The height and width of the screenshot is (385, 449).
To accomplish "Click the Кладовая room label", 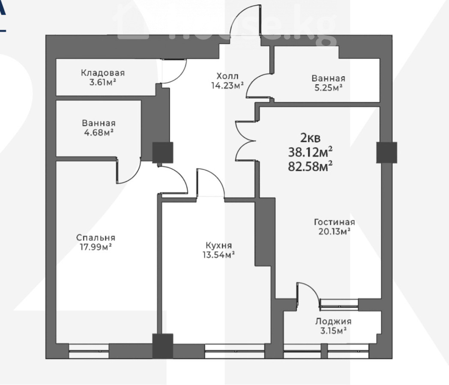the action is (x=103, y=73).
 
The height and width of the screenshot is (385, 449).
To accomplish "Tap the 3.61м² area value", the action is (x=103, y=83).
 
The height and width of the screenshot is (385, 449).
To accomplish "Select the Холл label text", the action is (x=227, y=76).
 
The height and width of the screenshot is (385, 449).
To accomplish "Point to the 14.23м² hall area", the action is (x=227, y=86).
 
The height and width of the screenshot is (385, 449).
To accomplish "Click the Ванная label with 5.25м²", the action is (x=329, y=78).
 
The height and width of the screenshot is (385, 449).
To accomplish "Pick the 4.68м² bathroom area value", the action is (x=99, y=133).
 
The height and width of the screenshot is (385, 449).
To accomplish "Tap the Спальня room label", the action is (x=96, y=237).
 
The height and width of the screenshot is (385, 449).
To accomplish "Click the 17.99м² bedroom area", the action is (x=96, y=247).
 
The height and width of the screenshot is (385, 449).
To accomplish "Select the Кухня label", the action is (x=219, y=245).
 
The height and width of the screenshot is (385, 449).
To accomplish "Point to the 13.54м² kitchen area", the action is (x=219, y=255).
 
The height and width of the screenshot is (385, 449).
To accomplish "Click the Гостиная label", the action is (x=335, y=222).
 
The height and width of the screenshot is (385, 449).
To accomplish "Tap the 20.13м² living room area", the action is (x=335, y=231).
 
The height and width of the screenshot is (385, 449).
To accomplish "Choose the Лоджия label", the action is (x=333, y=322).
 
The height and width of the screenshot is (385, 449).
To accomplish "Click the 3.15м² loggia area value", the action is (x=333, y=331).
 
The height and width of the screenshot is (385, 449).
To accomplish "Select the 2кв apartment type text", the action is (x=310, y=138).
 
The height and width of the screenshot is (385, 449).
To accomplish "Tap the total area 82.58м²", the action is (x=310, y=166).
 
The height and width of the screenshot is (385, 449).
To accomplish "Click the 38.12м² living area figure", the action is (x=310, y=152).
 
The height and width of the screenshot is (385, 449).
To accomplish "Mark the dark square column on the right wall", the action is (x=386, y=153).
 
